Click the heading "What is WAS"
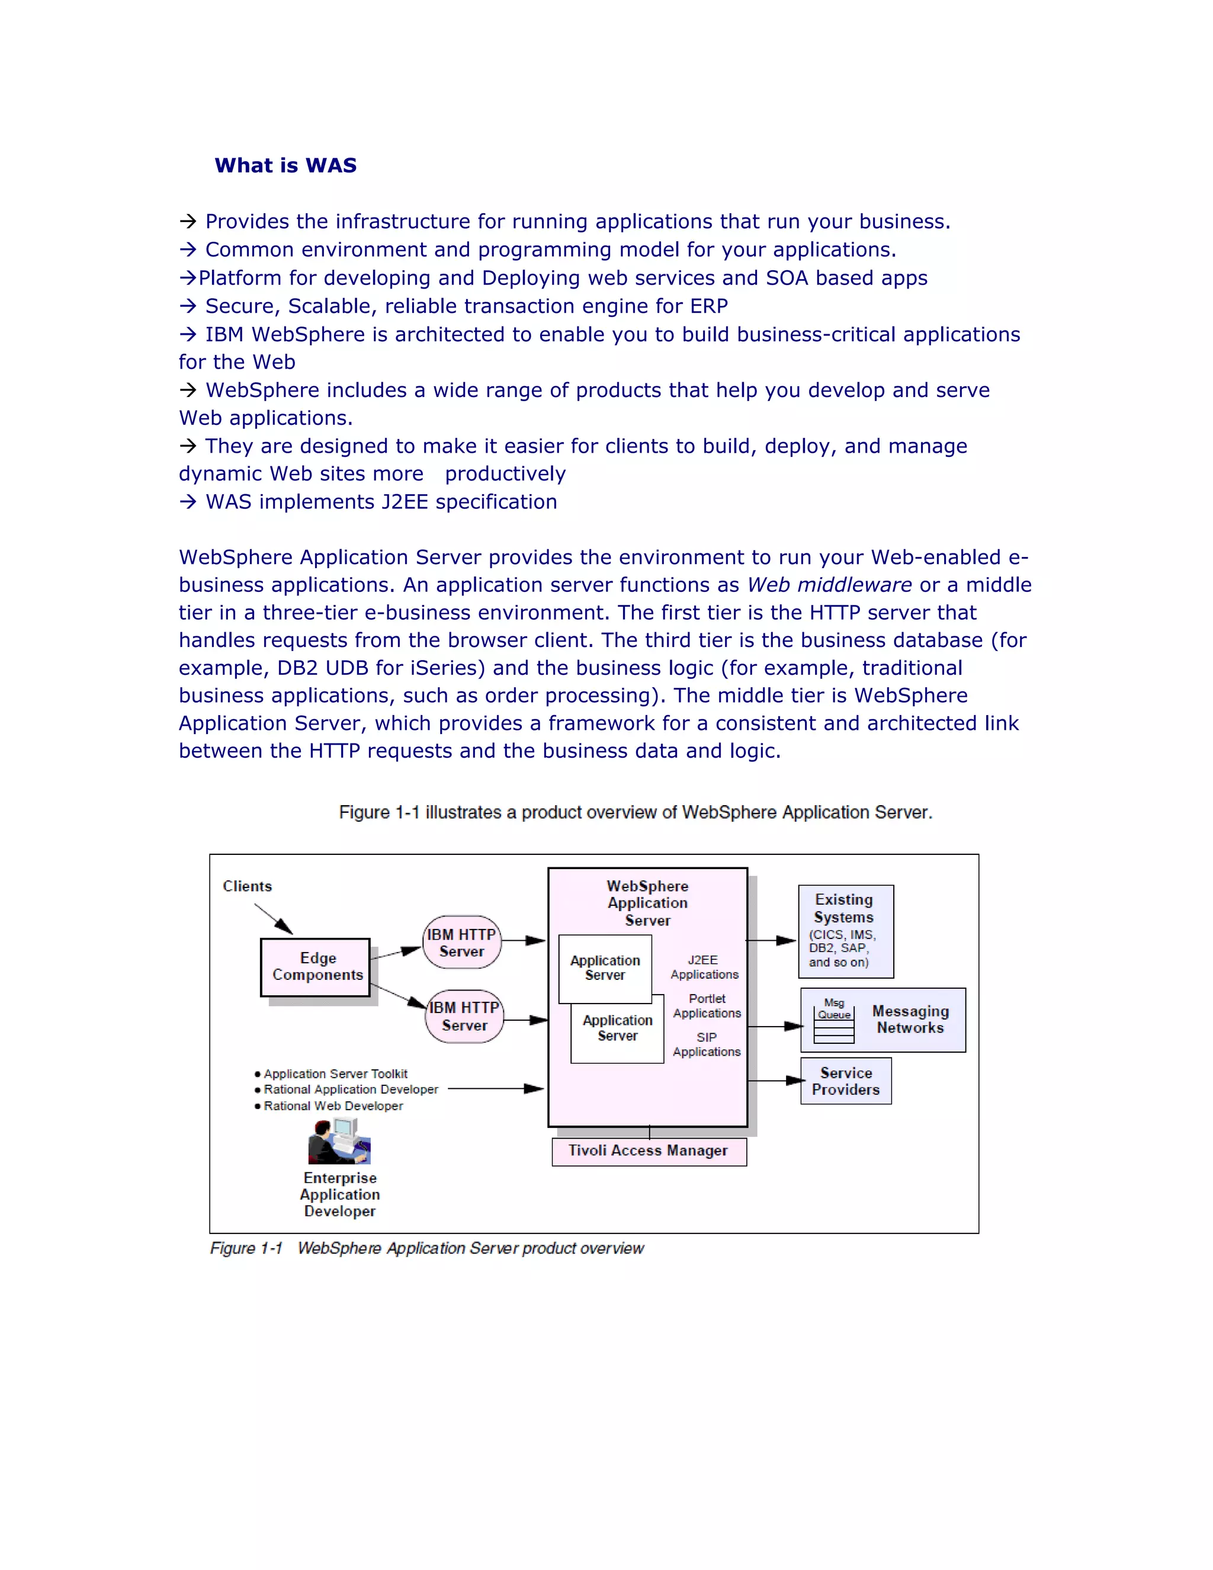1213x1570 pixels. coord(285,165)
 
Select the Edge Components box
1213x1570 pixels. coord(316,967)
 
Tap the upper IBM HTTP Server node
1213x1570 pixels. coord(461,943)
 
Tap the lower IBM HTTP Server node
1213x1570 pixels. coord(464,1017)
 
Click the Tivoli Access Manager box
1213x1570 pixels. coord(649,1151)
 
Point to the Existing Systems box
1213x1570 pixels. coord(846,931)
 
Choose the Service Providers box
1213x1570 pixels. coord(846,1081)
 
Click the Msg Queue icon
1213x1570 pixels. coord(833,1020)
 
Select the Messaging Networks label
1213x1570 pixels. coord(910,1020)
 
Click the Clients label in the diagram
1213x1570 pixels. coord(247,886)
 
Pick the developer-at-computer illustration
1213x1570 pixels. coord(339,1142)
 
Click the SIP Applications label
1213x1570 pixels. coord(707,1044)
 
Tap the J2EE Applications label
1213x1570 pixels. coord(704,967)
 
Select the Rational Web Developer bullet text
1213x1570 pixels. coord(333,1106)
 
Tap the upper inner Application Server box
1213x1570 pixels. coord(605,967)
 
